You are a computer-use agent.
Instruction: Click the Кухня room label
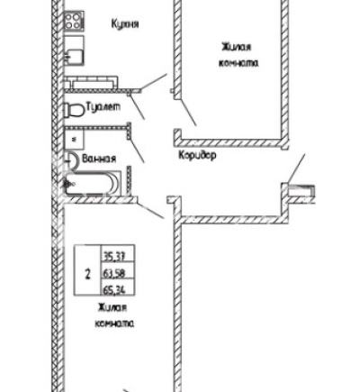(125, 23)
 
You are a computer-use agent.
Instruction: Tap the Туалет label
(103, 106)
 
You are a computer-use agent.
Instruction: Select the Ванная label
(99, 159)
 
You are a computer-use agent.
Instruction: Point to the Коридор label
(197, 155)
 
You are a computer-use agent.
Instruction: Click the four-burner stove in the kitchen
(74, 21)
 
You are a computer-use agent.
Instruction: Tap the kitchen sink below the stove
(74, 50)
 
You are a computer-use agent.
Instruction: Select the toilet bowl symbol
(74, 110)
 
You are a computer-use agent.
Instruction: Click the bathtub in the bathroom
(90, 184)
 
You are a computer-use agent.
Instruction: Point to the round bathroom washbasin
(72, 160)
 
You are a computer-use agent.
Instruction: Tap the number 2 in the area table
(87, 274)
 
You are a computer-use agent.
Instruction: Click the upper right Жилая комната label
(238, 55)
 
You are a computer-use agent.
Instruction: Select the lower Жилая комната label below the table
(114, 315)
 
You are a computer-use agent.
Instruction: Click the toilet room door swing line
(138, 107)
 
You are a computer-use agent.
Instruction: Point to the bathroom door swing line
(137, 150)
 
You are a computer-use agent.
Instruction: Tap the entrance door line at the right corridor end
(296, 169)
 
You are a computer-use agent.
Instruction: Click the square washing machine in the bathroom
(74, 140)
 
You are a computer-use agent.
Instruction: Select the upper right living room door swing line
(188, 113)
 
